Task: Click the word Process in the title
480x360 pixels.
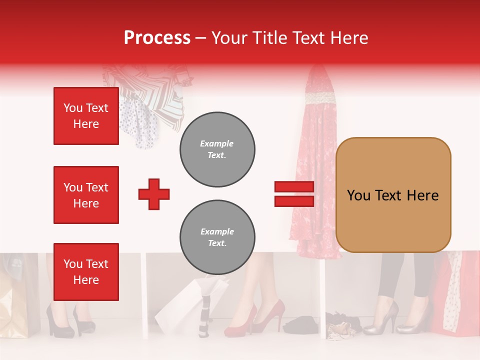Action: pyautogui.click(x=157, y=38)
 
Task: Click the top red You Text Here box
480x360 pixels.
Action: pyautogui.click(x=86, y=116)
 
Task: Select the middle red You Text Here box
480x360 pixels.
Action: pyautogui.click(x=86, y=195)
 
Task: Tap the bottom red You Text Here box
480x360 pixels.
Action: pyautogui.click(x=86, y=271)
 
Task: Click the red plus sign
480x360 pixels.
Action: pyautogui.click(x=154, y=194)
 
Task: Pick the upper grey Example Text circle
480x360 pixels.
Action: pyautogui.click(x=217, y=149)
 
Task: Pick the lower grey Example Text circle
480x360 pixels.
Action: pyautogui.click(x=217, y=237)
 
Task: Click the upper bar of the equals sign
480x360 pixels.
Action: pyautogui.click(x=294, y=186)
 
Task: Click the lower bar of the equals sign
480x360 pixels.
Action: pyautogui.click(x=294, y=201)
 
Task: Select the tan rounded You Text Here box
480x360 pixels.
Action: pyautogui.click(x=393, y=195)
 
